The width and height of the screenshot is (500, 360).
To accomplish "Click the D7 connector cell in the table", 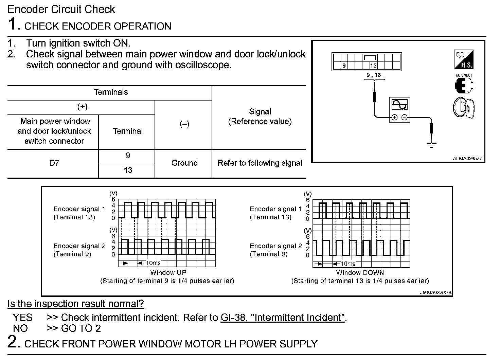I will (x=54, y=163).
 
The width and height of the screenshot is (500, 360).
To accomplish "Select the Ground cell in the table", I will (x=184, y=163).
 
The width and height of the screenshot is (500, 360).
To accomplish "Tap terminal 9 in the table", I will (x=128, y=156).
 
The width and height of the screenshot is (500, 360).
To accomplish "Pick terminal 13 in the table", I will (x=128, y=170).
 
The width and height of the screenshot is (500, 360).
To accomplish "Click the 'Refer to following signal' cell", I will (x=260, y=163).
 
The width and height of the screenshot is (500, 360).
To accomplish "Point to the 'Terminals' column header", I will (x=111, y=92).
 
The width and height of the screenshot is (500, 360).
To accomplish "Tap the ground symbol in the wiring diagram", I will (x=431, y=145).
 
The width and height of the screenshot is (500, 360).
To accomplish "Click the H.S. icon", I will (x=464, y=59).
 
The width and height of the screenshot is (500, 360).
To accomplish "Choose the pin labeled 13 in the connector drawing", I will (x=373, y=66).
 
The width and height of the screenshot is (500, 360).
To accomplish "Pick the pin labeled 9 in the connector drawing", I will (x=344, y=66).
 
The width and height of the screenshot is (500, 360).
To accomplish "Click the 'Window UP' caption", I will (x=168, y=272).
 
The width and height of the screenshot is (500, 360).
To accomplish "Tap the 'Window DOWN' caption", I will (x=360, y=272).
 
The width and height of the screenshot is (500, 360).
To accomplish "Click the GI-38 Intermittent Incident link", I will (x=283, y=318).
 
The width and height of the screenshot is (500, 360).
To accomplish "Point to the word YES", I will (x=23, y=318).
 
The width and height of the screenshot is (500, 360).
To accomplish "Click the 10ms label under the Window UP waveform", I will (x=153, y=263).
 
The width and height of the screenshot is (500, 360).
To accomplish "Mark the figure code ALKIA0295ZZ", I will (x=467, y=159).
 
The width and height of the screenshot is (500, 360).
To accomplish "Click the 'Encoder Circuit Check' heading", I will (x=61, y=9).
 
